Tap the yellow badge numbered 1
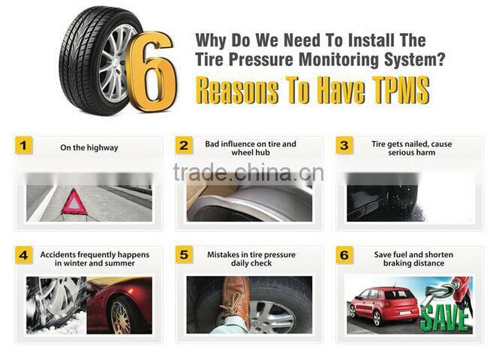pyautogui.click(x=24, y=145)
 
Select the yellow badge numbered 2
pyautogui.click(x=184, y=145)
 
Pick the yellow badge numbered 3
pyautogui.click(x=344, y=145)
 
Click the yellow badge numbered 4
pyautogui.click(x=24, y=255)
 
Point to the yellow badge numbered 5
pyautogui.click(x=184, y=255)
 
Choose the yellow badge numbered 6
pyautogui.click(x=344, y=255)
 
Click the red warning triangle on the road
pyautogui.click(x=74, y=203)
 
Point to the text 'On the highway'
pyautogui.click(x=89, y=148)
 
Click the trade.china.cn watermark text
pyautogui.click(x=248, y=173)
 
